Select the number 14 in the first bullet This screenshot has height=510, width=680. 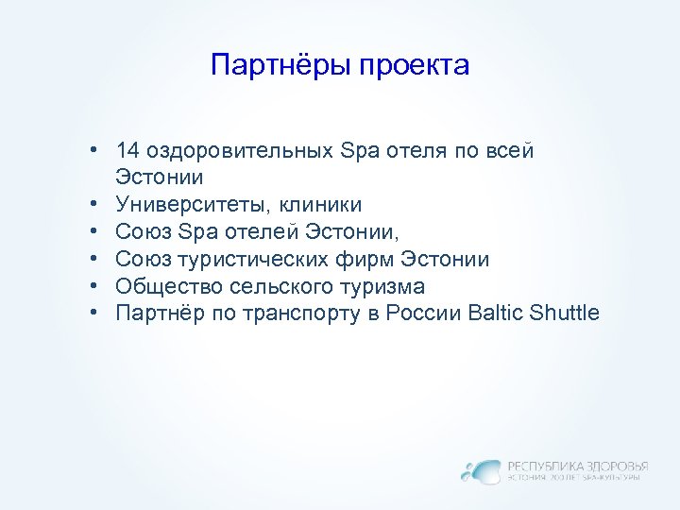tap(127, 150)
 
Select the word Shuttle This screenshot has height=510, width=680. tap(566, 314)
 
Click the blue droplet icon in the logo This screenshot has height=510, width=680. tap(481, 470)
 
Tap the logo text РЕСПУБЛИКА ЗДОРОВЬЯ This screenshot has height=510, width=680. tap(578, 466)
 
